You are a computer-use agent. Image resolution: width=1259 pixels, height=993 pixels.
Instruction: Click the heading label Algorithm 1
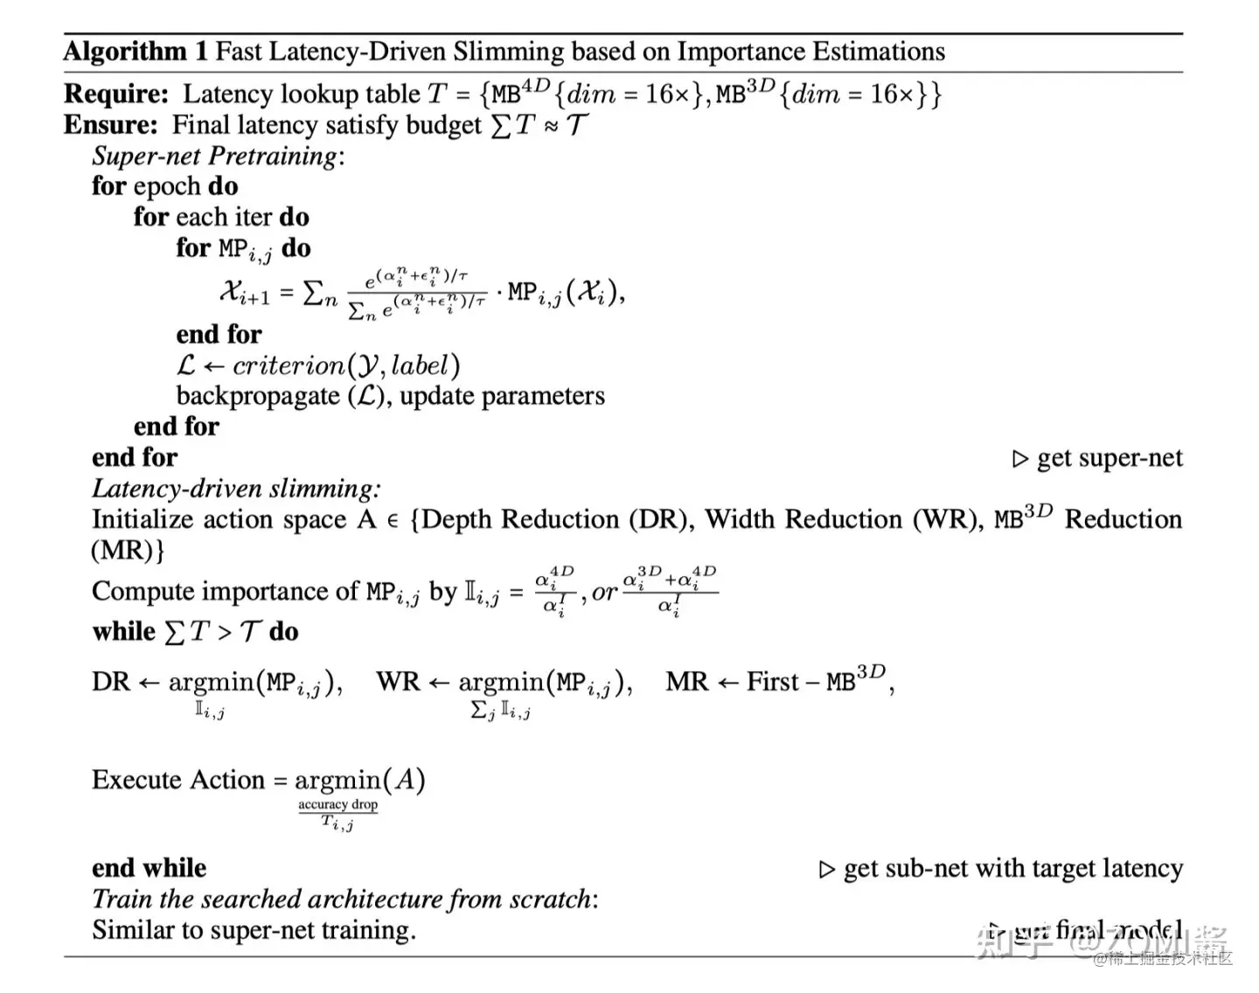(136, 52)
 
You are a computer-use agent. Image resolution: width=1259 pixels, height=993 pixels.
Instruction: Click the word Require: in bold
(115, 94)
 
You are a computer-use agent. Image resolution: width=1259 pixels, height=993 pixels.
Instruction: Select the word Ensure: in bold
(110, 125)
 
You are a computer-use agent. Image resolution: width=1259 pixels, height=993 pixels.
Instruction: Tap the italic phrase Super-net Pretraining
(215, 156)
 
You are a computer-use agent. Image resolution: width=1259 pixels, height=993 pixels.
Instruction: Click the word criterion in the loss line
(289, 365)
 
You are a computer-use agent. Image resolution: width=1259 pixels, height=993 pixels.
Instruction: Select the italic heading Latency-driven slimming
(236, 489)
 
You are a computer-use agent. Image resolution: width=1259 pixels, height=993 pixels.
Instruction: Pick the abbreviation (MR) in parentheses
(128, 551)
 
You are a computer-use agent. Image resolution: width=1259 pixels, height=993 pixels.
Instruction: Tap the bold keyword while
(123, 631)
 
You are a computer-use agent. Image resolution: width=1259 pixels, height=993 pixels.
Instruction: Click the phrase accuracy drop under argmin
(337, 804)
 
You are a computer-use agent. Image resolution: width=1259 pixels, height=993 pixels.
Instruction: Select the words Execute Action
(177, 780)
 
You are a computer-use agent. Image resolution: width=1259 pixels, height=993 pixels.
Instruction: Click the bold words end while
(150, 868)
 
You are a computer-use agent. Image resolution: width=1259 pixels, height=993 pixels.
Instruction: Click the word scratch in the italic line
(551, 899)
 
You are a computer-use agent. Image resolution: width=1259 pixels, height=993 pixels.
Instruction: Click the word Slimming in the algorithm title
(508, 52)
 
